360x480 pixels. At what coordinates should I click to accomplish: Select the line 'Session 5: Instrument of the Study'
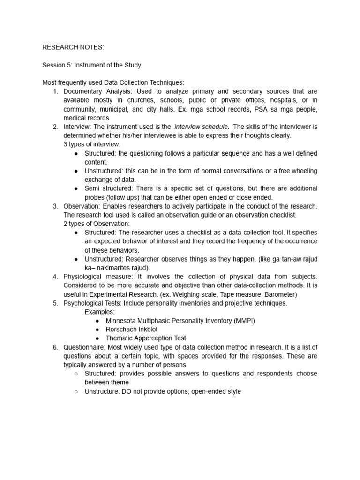click(x=91, y=65)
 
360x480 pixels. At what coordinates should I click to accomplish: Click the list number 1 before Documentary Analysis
click(x=55, y=91)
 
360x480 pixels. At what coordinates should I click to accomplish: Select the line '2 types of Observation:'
click(x=97, y=224)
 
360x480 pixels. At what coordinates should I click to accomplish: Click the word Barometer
click(x=278, y=294)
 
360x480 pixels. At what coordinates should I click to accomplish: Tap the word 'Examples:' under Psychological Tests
click(x=99, y=312)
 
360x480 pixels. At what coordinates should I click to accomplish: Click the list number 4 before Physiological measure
click(x=55, y=277)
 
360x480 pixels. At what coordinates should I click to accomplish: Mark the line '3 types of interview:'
click(x=92, y=144)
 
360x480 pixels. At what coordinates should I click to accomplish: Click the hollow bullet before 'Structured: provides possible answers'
click(x=76, y=374)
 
